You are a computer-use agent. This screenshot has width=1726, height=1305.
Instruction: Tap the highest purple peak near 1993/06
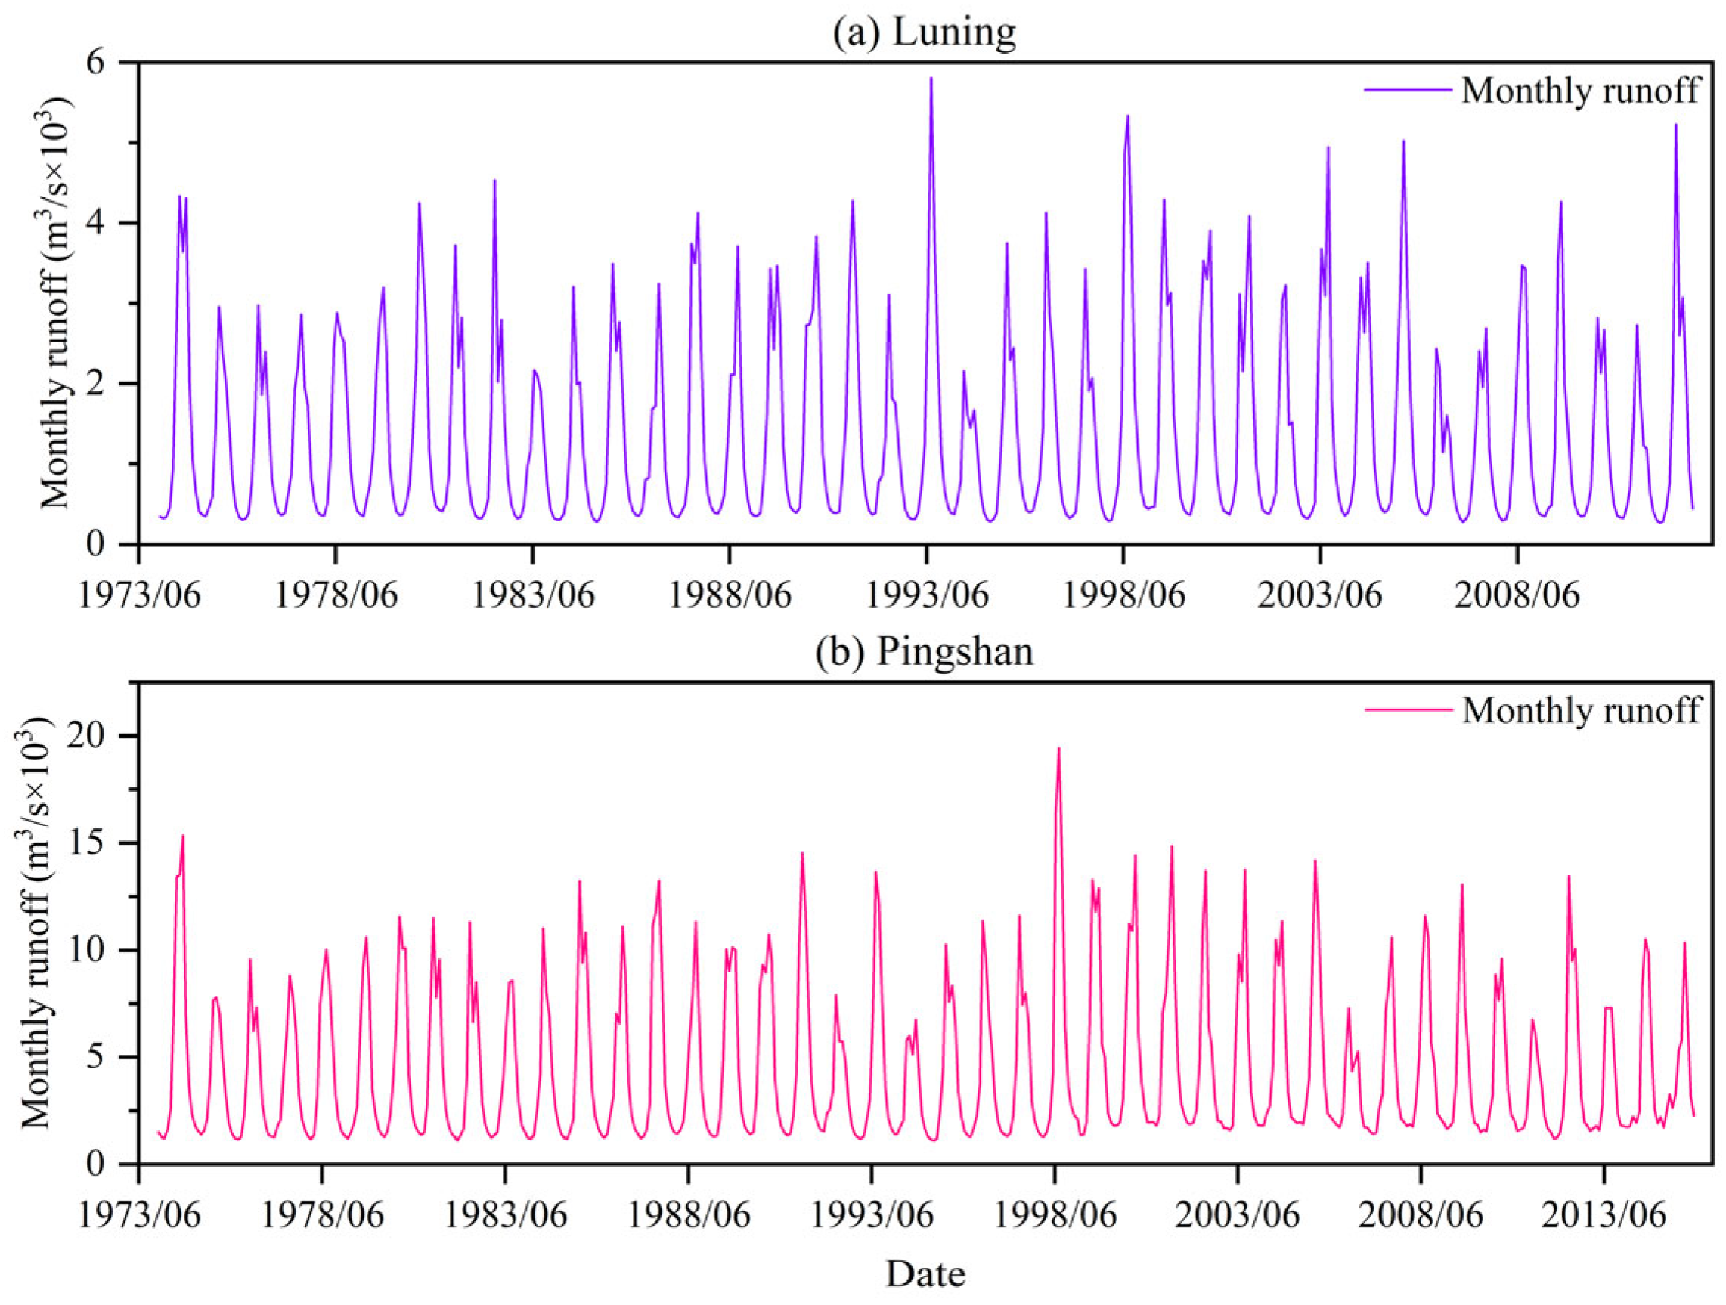tap(931, 79)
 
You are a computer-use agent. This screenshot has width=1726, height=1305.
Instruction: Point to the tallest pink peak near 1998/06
tap(1059, 749)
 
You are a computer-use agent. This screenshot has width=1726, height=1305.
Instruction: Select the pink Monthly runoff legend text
tap(1581, 710)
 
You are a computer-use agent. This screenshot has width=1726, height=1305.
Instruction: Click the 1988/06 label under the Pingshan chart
tap(688, 1215)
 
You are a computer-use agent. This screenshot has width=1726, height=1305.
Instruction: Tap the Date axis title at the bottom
tap(925, 1274)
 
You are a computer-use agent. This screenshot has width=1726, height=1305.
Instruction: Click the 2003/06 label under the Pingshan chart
tap(1238, 1215)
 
